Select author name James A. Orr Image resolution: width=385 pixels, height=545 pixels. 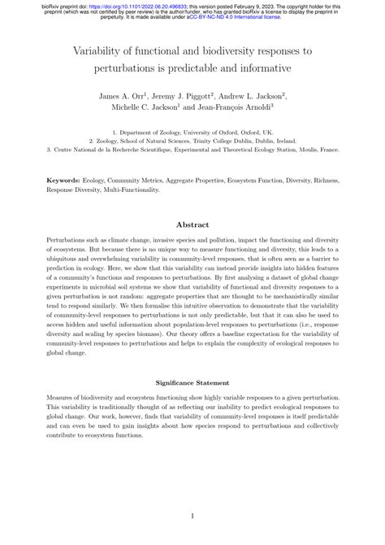coord(124,96)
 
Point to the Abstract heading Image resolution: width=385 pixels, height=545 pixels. coord(192,224)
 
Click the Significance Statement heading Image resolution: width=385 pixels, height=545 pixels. coord(192,381)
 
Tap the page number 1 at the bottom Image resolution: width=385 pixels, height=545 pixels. coord(192,516)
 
